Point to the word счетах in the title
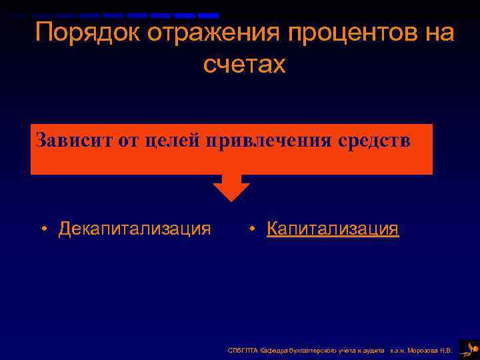coord(244,65)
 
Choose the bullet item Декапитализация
coord(134,229)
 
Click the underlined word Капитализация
coord(333,229)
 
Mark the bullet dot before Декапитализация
coord(43,230)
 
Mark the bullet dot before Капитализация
coord(252,230)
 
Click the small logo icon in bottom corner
coord(469,349)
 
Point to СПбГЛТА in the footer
coord(241,350)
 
